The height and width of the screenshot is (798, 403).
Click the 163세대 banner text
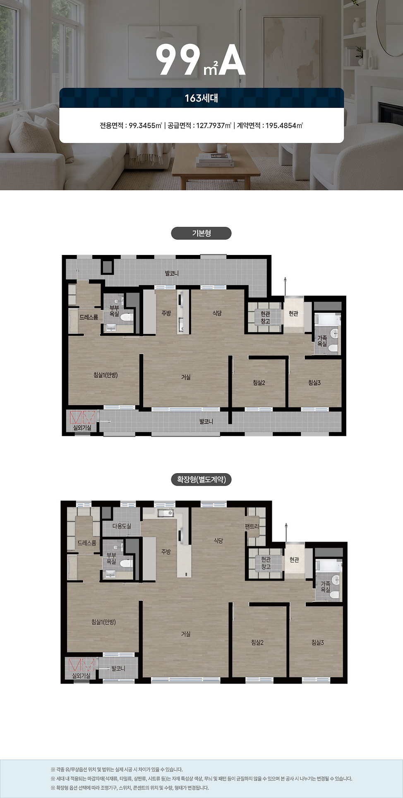click(201, 98)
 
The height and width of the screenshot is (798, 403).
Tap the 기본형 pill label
click(201, 233)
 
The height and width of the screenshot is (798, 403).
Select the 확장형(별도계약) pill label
click(201, 479)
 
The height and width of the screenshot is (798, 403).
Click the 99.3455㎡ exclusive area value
click(145, 125)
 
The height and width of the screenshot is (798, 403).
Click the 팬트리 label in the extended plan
click(252, 526)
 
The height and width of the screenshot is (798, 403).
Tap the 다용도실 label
click(122, 526)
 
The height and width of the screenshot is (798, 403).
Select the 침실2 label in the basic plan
click(259, 383)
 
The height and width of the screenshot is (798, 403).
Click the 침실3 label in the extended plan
click(318, 642)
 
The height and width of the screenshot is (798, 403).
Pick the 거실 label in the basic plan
click(186, 377)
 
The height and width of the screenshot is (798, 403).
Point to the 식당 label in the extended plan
click(218, 540)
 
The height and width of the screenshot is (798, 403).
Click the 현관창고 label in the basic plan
click(265, 317)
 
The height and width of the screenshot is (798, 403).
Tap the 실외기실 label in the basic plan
click(82, 428)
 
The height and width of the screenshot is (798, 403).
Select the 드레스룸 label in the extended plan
click(87, 543)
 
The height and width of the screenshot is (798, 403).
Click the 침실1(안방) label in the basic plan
click(106, 375)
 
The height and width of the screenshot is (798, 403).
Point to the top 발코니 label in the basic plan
click(172, 273)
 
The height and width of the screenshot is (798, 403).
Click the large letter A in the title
click(232, 60)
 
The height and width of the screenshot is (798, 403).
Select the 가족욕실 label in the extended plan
click(326, 586)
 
